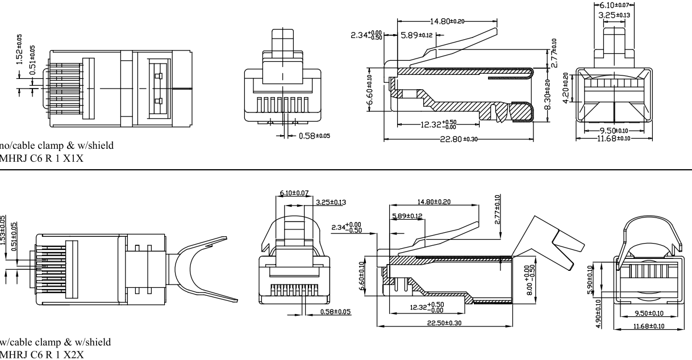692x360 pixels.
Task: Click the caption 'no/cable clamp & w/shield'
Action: pyautogui.click(x=57, y=146)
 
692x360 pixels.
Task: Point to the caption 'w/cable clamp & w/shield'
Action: pyautogui.click(x=56, y=342)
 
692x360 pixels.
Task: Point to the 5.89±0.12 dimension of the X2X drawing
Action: pyautogui.click(x=407, y=216)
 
